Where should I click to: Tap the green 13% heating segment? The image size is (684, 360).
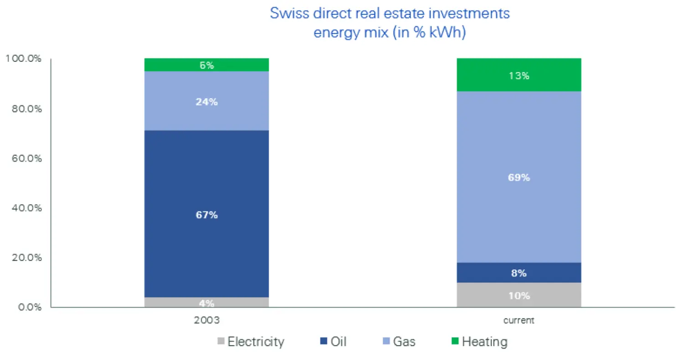tap(518, 75)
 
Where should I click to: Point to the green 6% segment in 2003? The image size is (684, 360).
tap(207, 65)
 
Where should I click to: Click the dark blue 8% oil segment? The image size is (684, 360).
tap(518, 273)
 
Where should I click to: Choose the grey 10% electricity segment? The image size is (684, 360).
tap(518, 295)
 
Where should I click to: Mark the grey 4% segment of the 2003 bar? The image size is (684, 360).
tap(207, 303)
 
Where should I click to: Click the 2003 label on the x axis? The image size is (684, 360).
tap(207, 320)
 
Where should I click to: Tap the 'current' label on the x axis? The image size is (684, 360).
tap(518, 320)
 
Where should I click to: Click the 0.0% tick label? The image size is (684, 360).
tap(28, 307)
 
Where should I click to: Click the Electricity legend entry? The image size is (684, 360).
tap(251, 342)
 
